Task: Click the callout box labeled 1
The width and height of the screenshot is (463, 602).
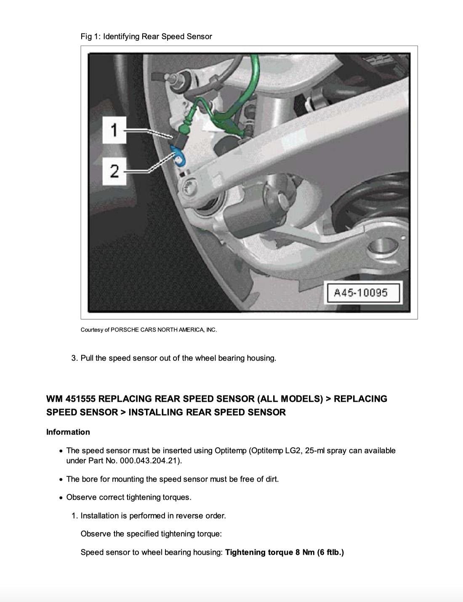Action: click(x=114, y=130)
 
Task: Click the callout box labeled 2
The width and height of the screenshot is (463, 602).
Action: click(x=114, y=171)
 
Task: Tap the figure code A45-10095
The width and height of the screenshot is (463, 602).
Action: click(x=360, y=293)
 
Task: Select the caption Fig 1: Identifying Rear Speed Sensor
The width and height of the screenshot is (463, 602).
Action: click(x=146, y=37)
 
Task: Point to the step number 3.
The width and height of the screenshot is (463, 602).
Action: click(x=74, y=358)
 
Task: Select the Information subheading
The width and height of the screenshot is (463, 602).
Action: click(x=68, y=432)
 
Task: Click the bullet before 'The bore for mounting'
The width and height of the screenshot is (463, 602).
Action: click(x=61, y=480)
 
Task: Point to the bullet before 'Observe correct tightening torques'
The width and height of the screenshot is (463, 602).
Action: click(x=61, y=498)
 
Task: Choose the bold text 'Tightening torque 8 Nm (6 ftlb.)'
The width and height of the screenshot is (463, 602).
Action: click(x=284, y=552)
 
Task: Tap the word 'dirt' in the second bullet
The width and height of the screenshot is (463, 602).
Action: click(x=270, y=479)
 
